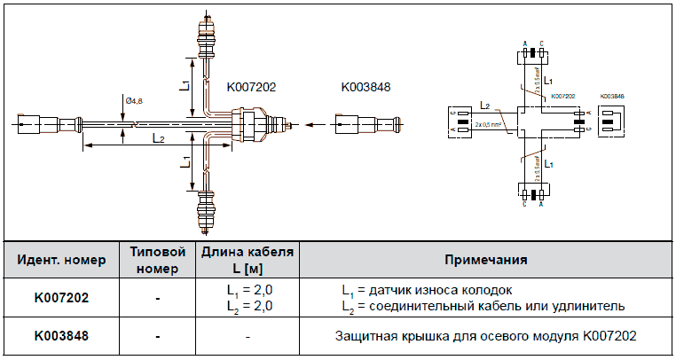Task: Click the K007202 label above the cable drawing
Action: tap(252, 87)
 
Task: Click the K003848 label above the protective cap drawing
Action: tap(366, 87)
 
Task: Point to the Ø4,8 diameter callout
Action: tap(134, 101)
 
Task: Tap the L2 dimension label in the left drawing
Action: tap(158, 138)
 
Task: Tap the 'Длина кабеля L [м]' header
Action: tap(247, 260)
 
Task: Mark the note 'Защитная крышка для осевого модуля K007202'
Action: tap(485, 337)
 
